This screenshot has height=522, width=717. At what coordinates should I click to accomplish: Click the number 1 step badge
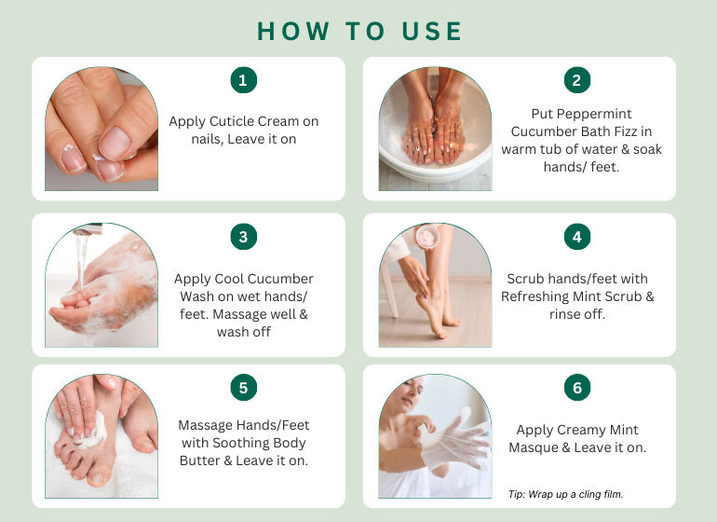coord(243,80)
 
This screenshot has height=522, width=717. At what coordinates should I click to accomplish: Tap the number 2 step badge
coord(577,80)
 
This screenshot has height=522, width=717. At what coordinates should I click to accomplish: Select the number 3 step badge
coord(243,237)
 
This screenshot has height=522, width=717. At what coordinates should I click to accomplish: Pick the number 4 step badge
coord(577,237)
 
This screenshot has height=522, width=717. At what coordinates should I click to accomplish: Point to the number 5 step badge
coord(243,388)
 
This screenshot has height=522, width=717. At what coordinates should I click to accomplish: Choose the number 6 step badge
coord(577,388)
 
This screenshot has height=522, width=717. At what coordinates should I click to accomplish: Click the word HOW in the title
coord(293,32)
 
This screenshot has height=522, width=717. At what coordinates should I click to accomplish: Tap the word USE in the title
coord(432,32)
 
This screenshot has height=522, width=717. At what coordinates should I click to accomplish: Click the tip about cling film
coord(565,494)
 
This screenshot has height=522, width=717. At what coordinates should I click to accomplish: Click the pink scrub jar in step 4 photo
coord(427,236)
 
